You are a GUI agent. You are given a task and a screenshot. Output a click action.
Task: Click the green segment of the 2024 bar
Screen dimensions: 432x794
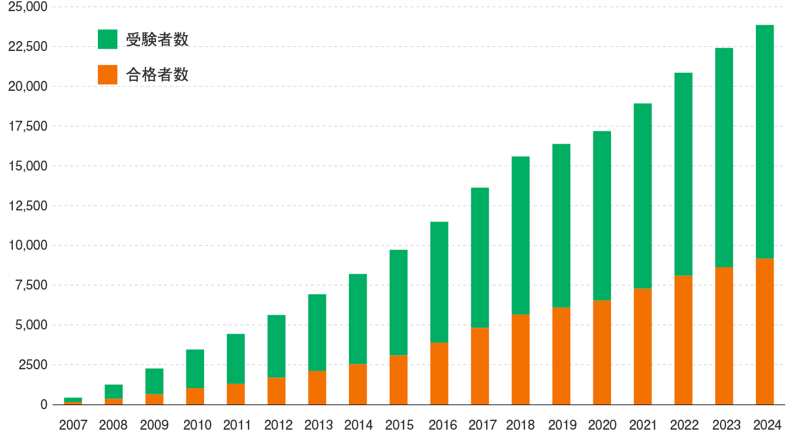pyautogui.click(x=765, y=141)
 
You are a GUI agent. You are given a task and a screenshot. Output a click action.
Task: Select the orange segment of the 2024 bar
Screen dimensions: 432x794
pyautogui.click(x=765, y=331)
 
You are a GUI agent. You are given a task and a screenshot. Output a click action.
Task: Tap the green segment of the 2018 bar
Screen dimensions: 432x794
pyautogui.click(x=521, y=234)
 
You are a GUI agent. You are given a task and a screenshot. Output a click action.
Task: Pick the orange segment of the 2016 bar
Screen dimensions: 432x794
pyautogui.click(x=439, y=373)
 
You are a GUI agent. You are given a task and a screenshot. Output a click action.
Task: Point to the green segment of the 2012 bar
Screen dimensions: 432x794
pyautogui.click(x=276, y=346)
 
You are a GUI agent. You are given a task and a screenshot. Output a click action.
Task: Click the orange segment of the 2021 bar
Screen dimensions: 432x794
pyautogui.click(x=643, y=346)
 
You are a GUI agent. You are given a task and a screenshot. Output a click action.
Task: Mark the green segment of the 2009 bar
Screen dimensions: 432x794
pyautogui.click(x=154, y=381)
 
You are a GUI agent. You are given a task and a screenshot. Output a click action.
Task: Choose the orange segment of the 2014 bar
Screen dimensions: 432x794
pyautogui.click(x=358, y=384)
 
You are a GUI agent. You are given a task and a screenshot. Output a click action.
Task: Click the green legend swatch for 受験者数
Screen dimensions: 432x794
pyautogui.click(x=107, y=39)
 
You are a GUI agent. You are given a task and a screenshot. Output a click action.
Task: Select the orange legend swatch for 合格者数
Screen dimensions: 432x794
pyautogui.click(x=107, y=74)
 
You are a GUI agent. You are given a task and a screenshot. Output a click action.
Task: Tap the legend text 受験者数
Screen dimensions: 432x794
pyautogui.click(x=157, y=39)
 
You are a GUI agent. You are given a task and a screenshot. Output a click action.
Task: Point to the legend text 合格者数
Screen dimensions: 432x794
pyautogui.click(x=157, y=74)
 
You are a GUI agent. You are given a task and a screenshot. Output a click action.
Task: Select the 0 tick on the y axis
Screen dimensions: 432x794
pyautogui.click(x=43, y=404)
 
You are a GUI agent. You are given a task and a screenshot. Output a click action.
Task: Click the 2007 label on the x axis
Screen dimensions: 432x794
pyautogui.click(x=73, y=424)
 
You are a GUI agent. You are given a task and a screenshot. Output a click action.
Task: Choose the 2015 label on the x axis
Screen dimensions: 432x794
pyautogui.click(x=399, y=424)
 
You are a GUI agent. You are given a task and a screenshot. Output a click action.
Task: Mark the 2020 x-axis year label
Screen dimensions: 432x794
pyautogui.click(x=602, y=424)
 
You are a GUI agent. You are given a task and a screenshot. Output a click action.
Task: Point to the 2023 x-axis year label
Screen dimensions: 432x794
pyautogui.click(x=724, y=424)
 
